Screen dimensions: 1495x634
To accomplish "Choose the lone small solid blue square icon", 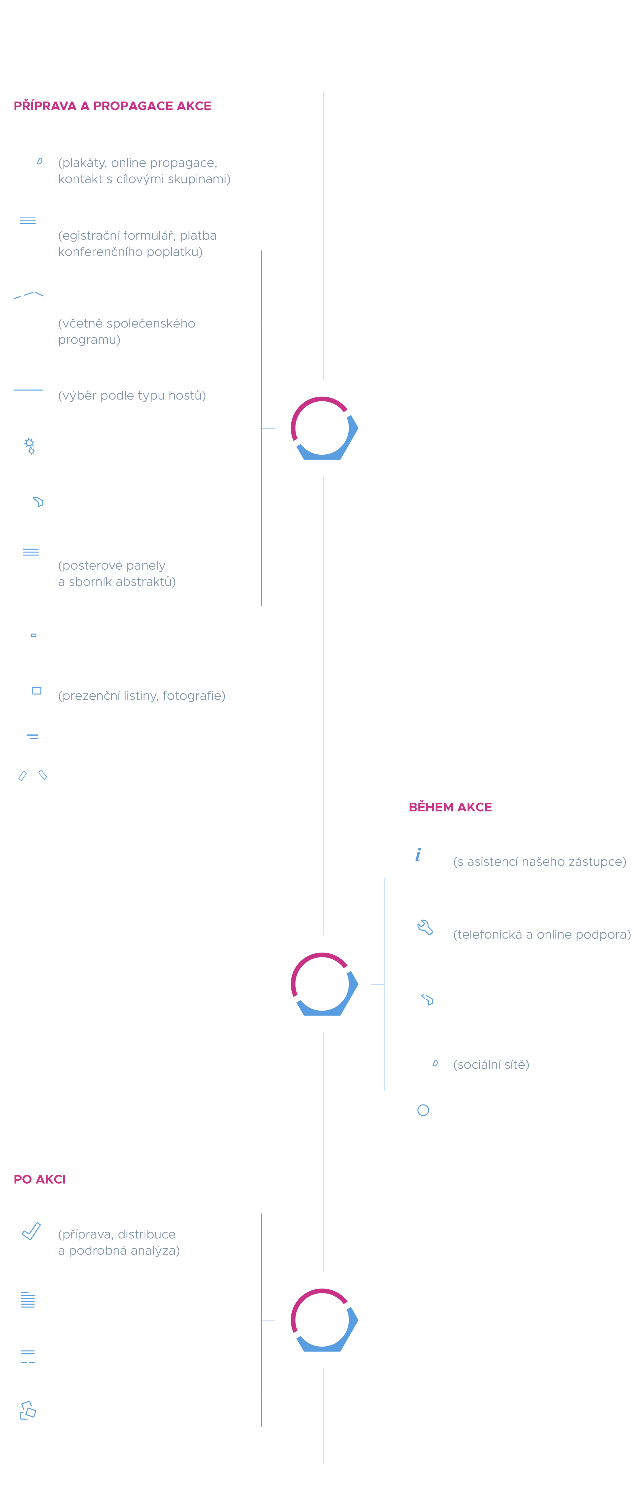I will (x=37, y=691).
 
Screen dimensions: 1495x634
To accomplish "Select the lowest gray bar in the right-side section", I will (x=499, y=1068).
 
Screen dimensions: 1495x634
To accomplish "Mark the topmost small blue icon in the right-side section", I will (x=418, y=854).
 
